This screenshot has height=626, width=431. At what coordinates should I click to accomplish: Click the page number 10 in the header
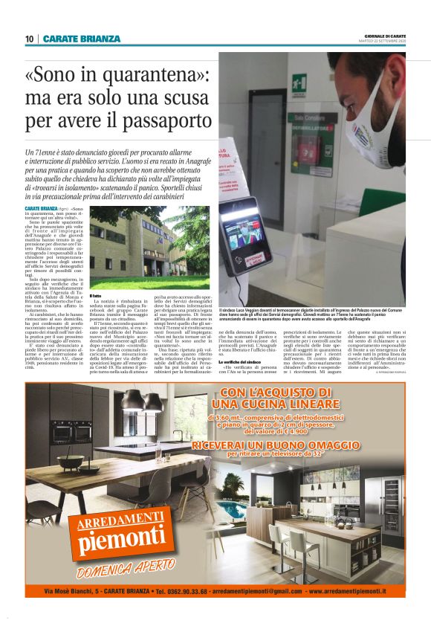(29, 39)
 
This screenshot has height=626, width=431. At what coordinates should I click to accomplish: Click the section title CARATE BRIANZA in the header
(82, 39)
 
